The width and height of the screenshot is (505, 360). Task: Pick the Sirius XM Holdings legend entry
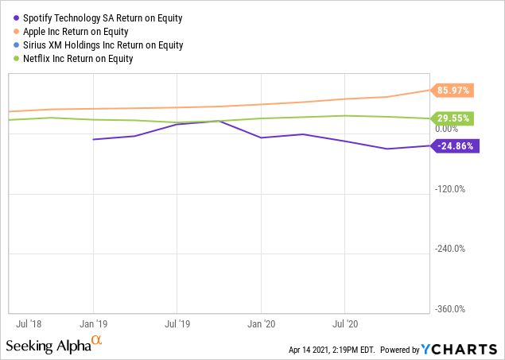click(103, 45)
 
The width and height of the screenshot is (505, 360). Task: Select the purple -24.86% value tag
click(454, 145)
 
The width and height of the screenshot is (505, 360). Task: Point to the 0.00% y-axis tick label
click(447, 129)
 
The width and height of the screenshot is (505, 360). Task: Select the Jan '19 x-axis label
click(94, 324)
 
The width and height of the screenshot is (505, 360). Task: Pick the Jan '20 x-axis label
click(261, 324)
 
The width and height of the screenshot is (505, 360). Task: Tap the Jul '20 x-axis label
click(344, 324)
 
